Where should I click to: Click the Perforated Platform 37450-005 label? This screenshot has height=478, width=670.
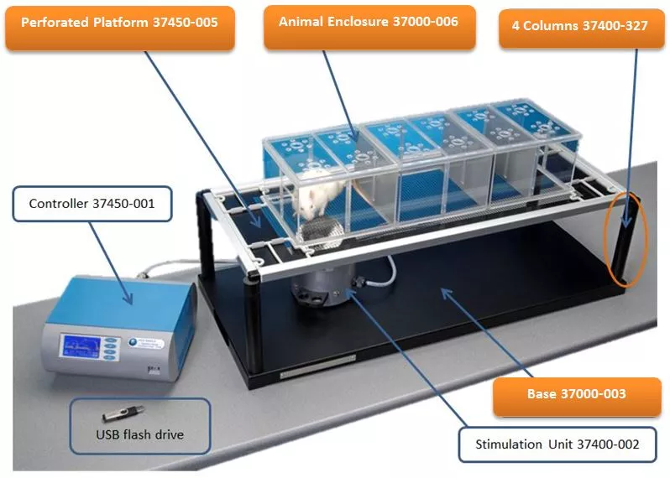119,23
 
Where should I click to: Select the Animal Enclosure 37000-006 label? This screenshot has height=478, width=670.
369,22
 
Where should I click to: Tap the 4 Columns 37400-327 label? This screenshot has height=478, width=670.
579,26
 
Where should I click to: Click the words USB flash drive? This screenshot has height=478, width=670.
139,434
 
